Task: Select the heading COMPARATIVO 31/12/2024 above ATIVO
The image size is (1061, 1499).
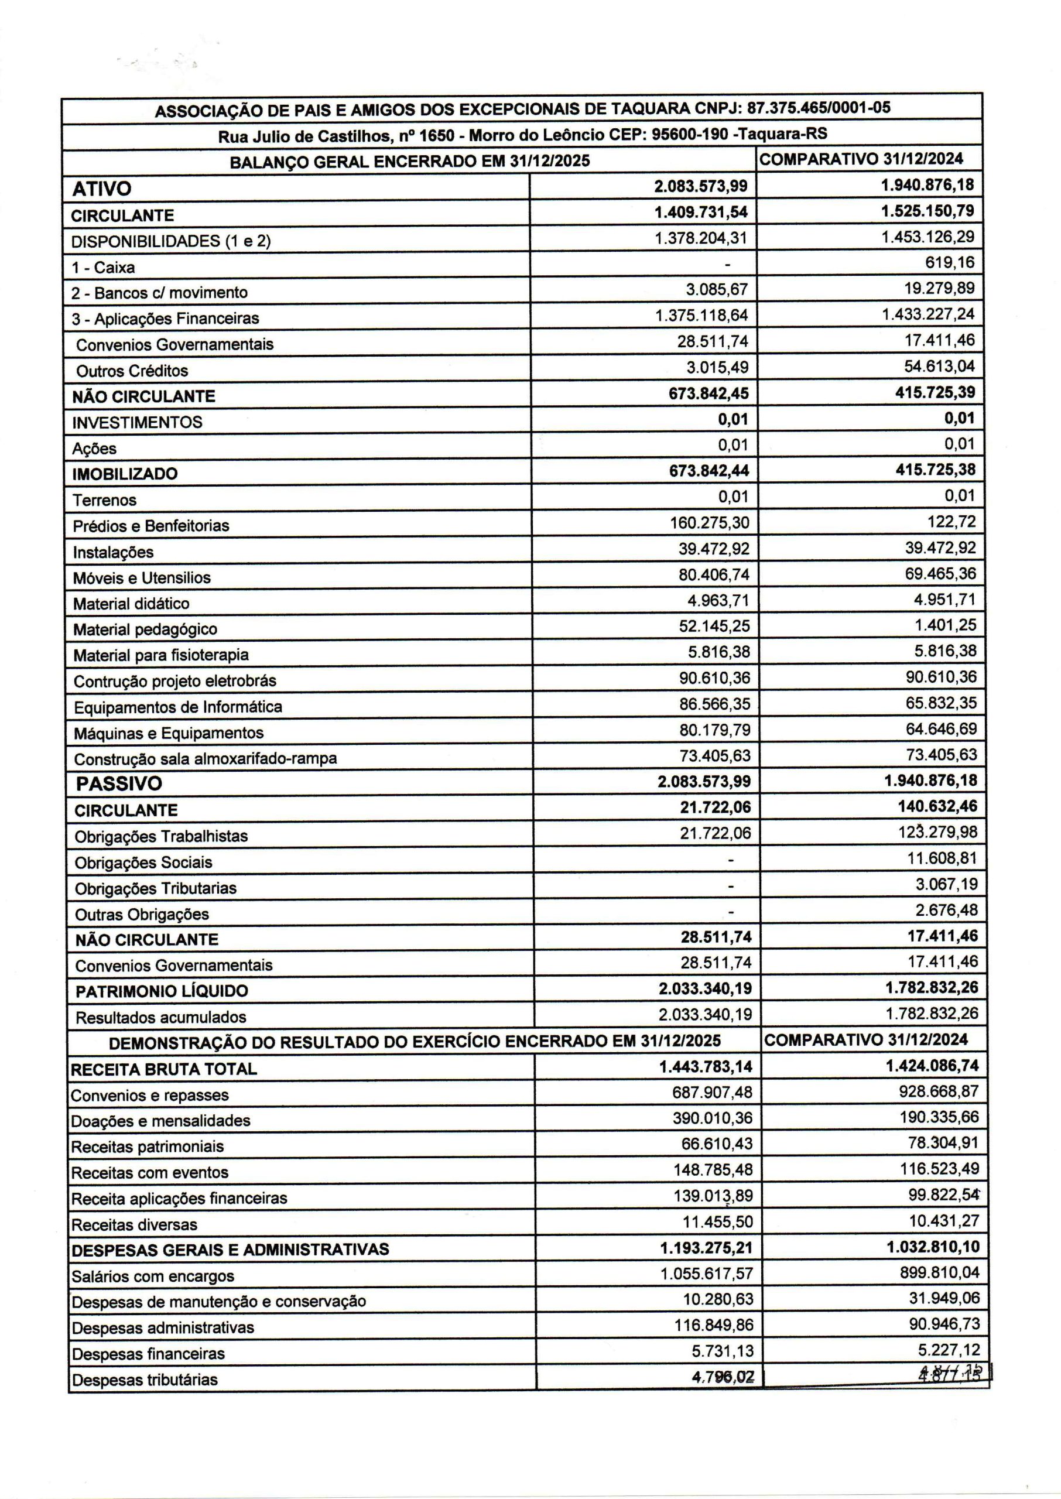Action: [861, 159]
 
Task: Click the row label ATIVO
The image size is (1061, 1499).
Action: [101, 189]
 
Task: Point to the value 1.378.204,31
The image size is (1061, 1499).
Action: [701, 238]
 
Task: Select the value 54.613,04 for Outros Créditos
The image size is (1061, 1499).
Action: [939, 367]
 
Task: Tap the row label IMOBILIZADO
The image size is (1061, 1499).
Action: [125, 474]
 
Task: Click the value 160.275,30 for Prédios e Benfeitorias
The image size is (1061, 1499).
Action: [710, 523]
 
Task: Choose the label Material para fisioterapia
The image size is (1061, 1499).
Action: [160, 655]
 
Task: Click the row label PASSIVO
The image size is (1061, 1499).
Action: [119, 784]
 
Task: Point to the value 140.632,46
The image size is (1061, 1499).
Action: [937, 807]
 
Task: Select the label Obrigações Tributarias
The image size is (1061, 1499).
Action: [156, 889]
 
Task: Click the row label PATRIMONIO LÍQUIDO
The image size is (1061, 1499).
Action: [162, 991]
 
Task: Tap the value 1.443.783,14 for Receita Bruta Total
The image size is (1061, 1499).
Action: [706, 1067]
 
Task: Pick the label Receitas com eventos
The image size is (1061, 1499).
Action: [150, 1173]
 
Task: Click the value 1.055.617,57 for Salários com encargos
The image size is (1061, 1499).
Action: [706, 1274]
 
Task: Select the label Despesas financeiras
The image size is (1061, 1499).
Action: [148, 1354]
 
